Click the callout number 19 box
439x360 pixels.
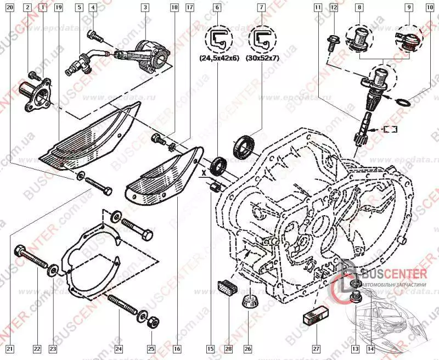(x=59, y=7)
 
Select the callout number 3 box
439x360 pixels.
(x=145, y=7)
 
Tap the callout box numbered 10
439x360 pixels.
(x=429, y=7)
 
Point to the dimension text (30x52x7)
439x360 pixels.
(x=262, y=57)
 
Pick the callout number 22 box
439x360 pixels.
(x=36, y=348)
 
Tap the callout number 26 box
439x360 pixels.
(x=247, y=348)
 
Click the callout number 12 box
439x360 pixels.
(x=334, y=7)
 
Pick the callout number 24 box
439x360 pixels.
(x=118, y=348)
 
